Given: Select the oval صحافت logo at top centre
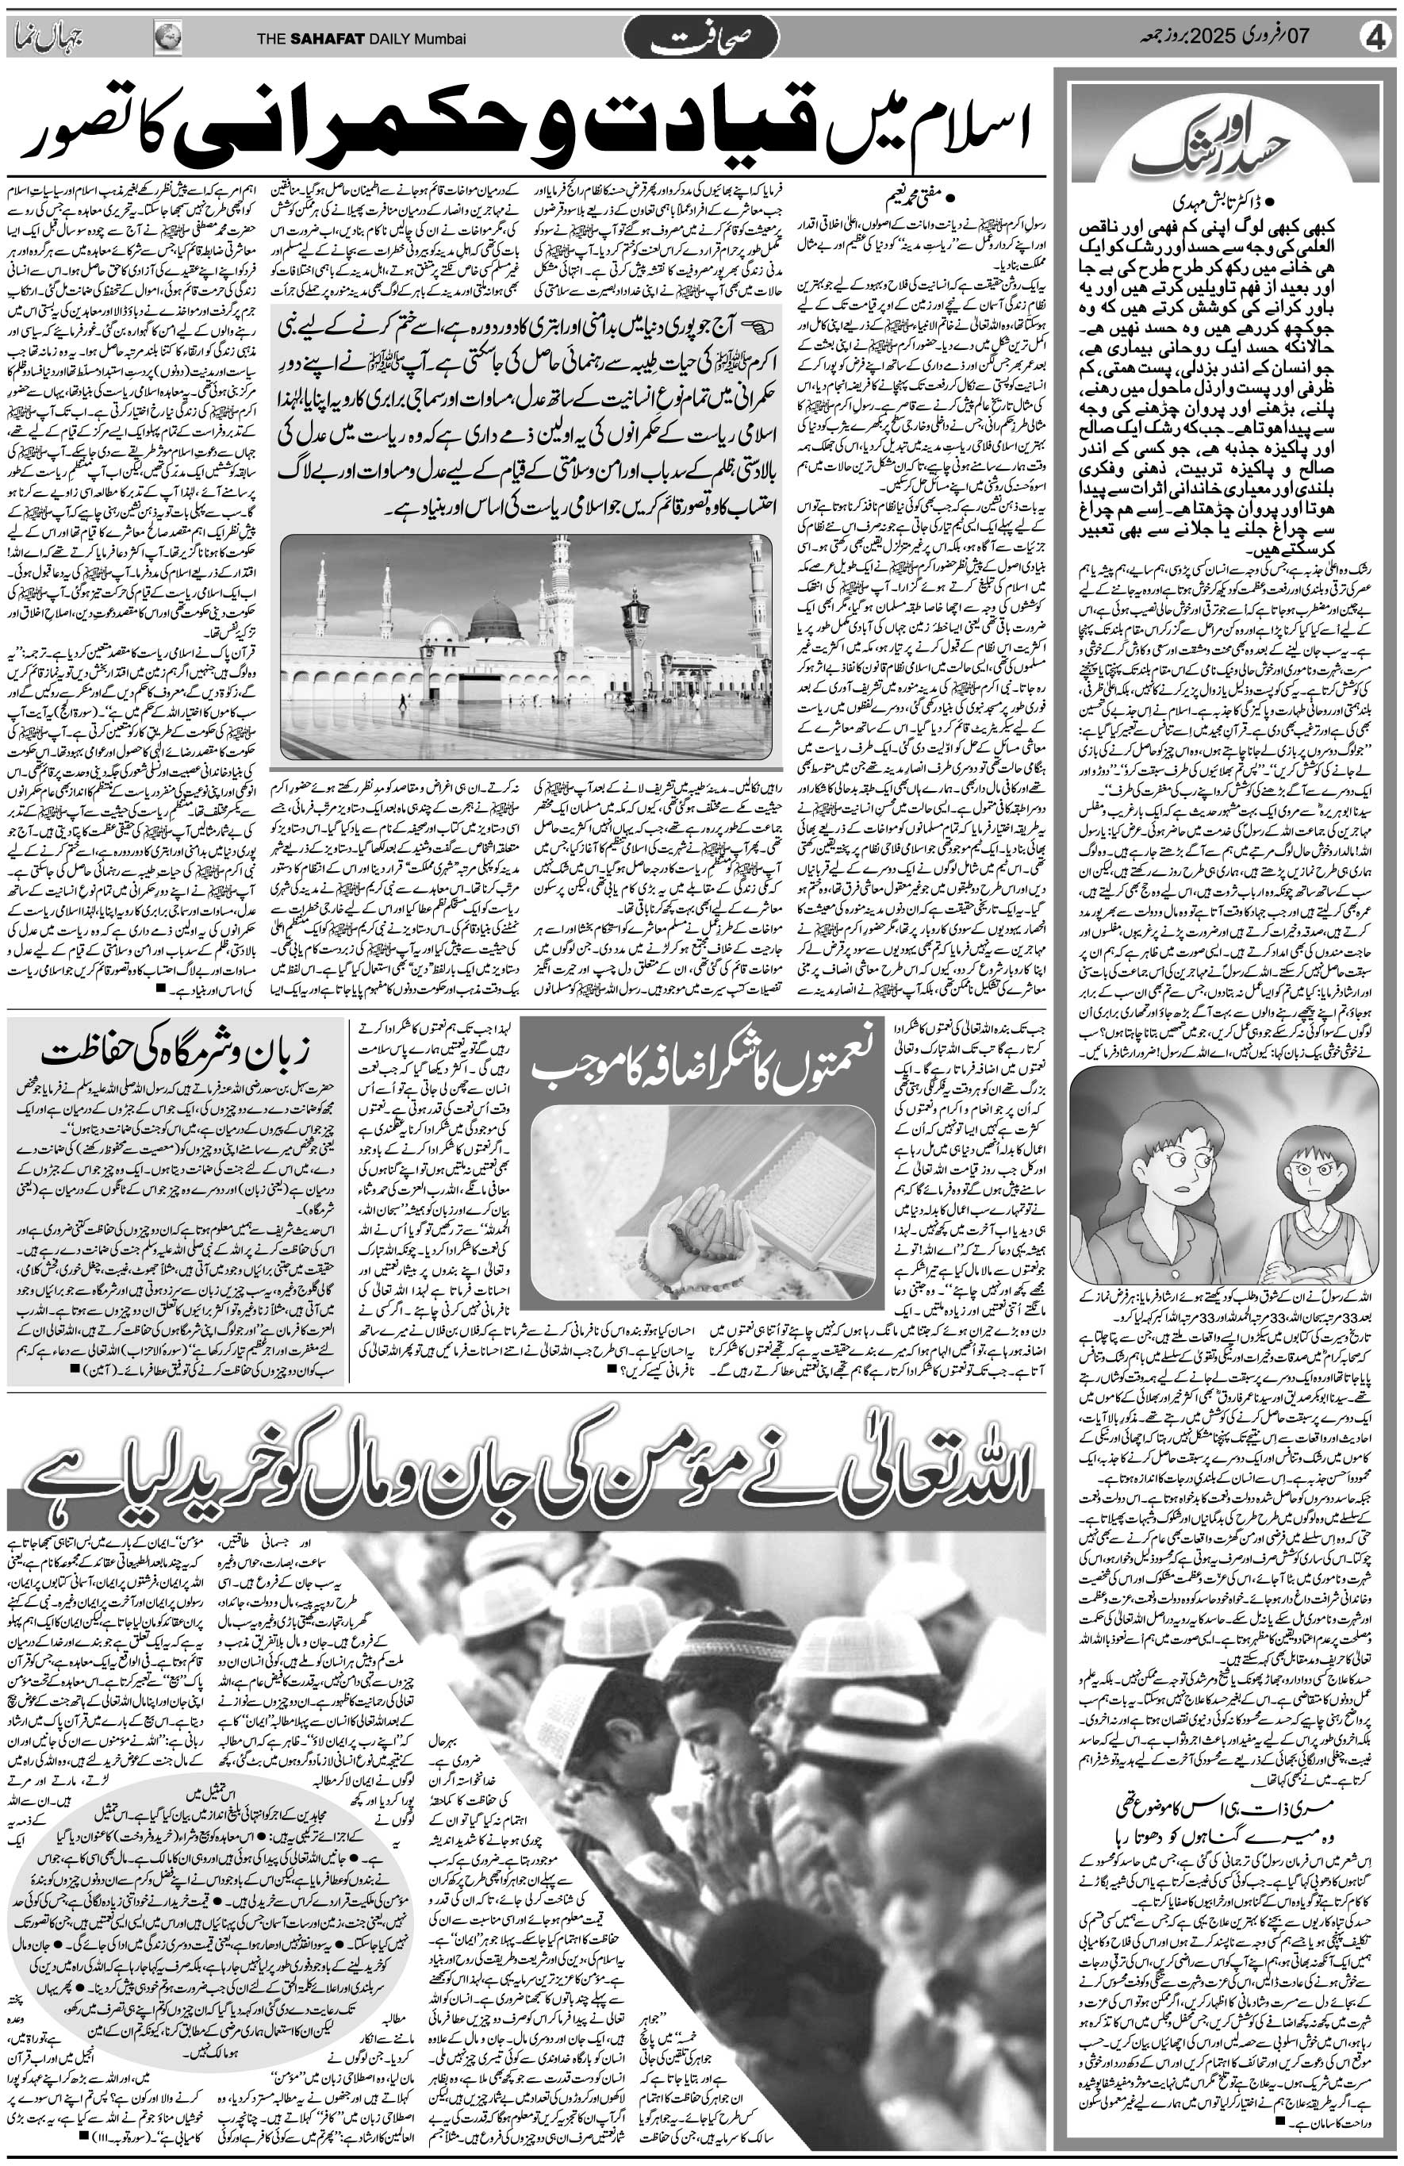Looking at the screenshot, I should tap(700, 39).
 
